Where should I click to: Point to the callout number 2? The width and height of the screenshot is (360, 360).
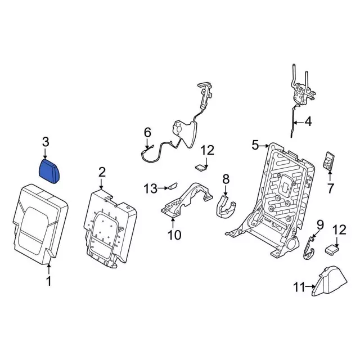click(102, 172)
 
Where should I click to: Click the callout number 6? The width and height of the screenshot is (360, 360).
click(147, 133)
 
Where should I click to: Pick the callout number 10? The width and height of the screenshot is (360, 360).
click(174, 235)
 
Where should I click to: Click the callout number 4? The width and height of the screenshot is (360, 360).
click(308, 121)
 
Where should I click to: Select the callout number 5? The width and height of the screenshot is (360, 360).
click(255, 146)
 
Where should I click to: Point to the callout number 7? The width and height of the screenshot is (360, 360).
click(330, 188)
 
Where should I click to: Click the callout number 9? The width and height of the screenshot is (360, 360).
click(320, 225)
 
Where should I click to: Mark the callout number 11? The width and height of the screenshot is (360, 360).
click(299, 288)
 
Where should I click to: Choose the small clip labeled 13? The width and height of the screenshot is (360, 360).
click(172, 186)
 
